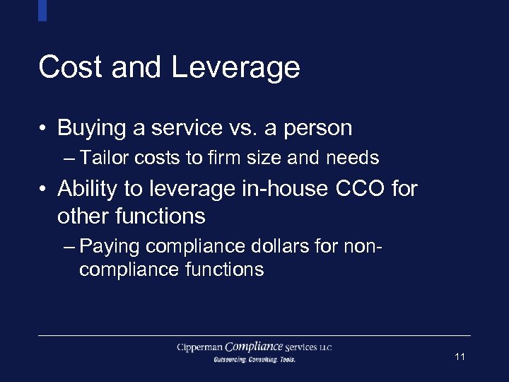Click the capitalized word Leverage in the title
point(235,69)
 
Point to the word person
point(317,129)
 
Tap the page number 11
point(460,357)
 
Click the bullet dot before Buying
point(44,129)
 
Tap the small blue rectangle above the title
point(42,10)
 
